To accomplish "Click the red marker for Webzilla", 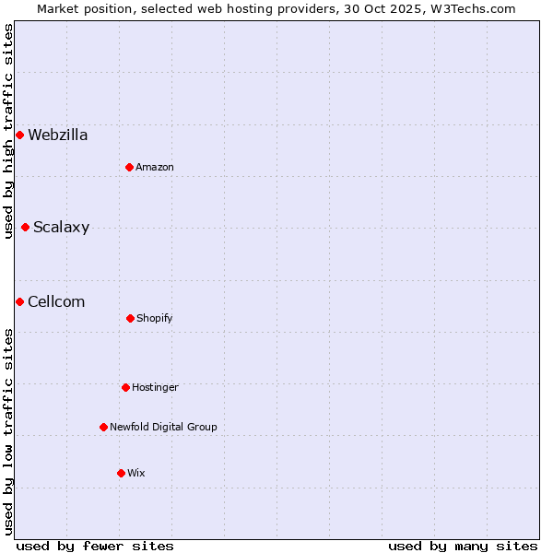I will (19, 135).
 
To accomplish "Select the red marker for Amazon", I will (129, 167).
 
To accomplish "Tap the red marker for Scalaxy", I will (25, 228).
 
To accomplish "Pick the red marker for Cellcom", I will (19, 302).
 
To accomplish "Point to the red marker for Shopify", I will (130, 318).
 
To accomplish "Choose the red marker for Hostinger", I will (125, 387).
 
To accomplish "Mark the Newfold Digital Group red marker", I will (103, 427).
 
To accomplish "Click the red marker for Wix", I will (121, 473).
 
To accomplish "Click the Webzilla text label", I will (58, 135).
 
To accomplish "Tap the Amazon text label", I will (155, 167).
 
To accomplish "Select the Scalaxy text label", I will (62, 228).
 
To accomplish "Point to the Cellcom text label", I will (56, 302).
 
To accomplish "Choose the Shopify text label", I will (155, 318).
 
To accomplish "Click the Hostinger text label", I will (155, 387).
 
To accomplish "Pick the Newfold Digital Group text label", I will (164, 427).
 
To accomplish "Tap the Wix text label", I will (136, 473).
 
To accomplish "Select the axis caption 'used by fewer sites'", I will (95, 546).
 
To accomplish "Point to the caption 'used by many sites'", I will (463, 546).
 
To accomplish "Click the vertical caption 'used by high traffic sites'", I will (8, 131).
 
